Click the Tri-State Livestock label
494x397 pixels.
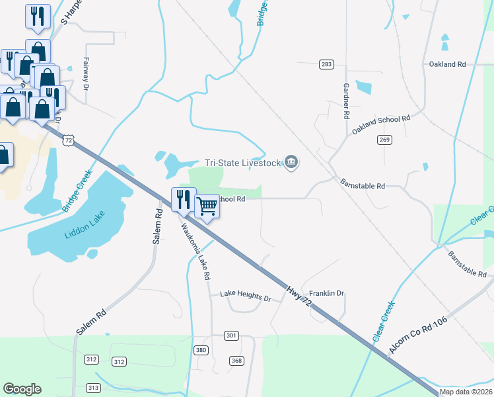pyautogui.click(x=241, y=163)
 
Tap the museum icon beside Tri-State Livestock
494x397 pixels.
pyautogui.click(x=291, y=162)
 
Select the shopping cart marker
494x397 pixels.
pyautogui.click(x=207, y=207)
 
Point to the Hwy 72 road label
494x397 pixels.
pyautogui.click(x=299, y=296)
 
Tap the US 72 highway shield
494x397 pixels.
pyautogui.click(x=69, y=140)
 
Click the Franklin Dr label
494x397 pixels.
pyautogui.click(x=328, y=293)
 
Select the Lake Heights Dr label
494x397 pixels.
pyautogui.click(x=246, y=298)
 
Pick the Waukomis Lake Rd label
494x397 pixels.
pyautogui.click(x=195, y=250)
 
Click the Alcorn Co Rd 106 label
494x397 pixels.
pyautogui.click(x=418, y=337)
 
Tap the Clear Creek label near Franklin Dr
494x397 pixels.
pyautogui.click(x=383, y=321)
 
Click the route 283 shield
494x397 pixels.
pyautogui.click(x=326, y=64)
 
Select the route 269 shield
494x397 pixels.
pyautogui.click(x=385, y=140)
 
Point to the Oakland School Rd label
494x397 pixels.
pyautogui.click(x=381, y=124)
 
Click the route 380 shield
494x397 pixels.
pyautogui.click(x=201, y=349)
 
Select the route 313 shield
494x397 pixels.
pyautogui.click(x=93, y=388)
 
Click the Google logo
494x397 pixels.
pyautogui.click(x=22, y=389)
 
